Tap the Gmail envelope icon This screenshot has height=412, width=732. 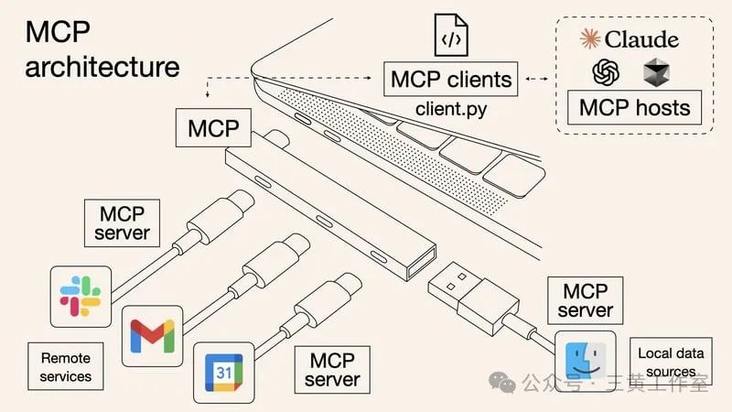pyautogui.click(x=152, y=336)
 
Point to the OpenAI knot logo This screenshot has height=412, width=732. pyautogui.click(x=605, y=71)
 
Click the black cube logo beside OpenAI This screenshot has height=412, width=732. pyautogui.click(x=656, y=71)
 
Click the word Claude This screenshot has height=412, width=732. pyautogui.click(x=641, y=38)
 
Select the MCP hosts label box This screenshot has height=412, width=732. pyautogui.click(x=634, y=108)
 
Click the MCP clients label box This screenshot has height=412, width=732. pyautogui.click(x=452, y=79)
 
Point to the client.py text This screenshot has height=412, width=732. pyautogui.click(x=452, y=109)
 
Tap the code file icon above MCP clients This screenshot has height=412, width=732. pyautogui.click(x=451, y=33)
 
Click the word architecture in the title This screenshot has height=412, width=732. pyautogui.click(x=102, y=67)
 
